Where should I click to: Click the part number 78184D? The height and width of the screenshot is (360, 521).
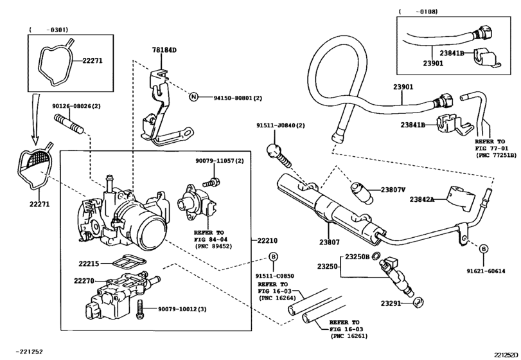164,50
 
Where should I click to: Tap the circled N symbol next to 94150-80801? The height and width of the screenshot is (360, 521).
192,98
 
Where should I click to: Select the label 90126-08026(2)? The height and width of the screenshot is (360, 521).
76,106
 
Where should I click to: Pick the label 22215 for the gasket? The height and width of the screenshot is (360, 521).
90,263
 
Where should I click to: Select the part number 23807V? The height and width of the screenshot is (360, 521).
393,190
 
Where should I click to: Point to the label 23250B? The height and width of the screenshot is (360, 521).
357,256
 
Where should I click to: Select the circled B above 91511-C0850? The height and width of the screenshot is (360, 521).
272,257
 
